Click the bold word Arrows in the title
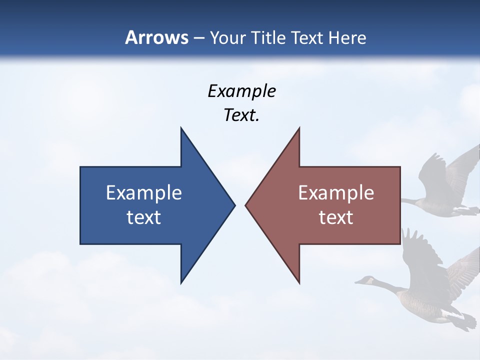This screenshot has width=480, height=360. click(156, 37)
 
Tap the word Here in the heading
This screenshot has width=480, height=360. click(348, 37)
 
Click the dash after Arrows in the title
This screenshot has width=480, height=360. click(198, 38)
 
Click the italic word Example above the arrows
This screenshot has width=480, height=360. click(241, 91)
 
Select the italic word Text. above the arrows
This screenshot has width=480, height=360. click(241, 115)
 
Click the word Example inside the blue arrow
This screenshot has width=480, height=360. click(143, 192)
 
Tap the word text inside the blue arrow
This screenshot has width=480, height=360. click(143, 217)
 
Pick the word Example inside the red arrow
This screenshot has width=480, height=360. click(336, 192)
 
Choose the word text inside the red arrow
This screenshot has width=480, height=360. click(336, 217)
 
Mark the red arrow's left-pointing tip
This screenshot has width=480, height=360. click(246, 205)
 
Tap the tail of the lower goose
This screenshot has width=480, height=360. click(469, 320)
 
